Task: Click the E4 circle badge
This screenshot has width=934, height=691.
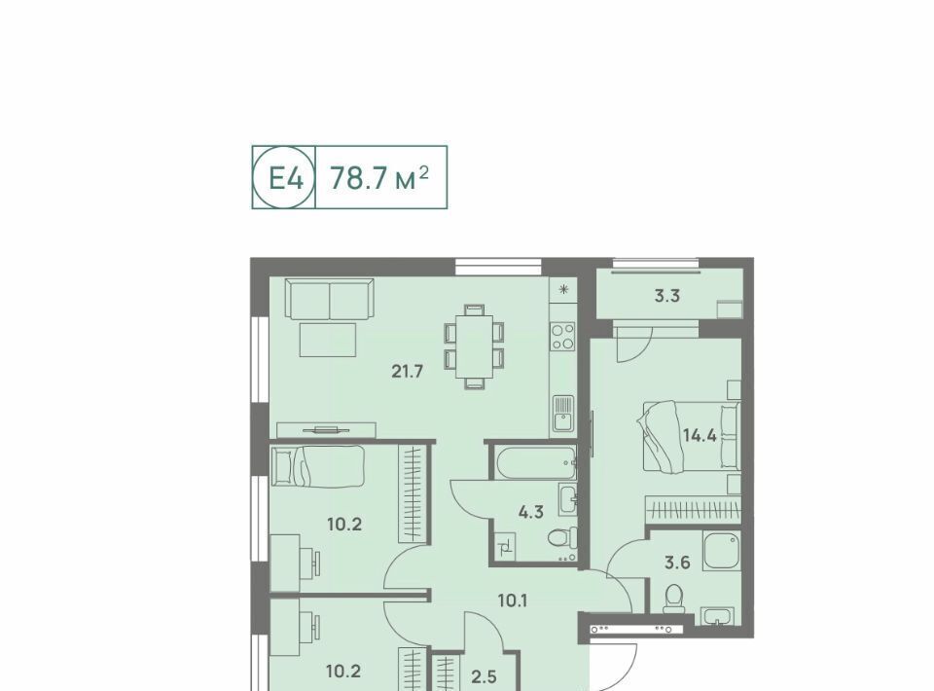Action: pos(283,177)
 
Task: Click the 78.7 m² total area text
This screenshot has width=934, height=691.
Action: pos(379,177)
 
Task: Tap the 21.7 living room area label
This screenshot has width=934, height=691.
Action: pos(408,372)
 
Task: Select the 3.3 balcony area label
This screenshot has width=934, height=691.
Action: pos(667,296)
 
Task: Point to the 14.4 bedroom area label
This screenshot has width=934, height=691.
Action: pos(700,435)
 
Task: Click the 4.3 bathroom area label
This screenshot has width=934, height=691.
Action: pos(530,511)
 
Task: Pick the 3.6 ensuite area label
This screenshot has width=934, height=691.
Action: pos(677,562)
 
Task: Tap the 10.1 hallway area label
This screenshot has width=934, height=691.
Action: pos(513,600)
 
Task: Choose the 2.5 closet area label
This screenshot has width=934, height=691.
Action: pos(484,676)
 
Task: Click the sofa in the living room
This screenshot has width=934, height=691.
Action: pos(330,299)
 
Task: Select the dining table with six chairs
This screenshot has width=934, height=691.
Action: pos(474,346)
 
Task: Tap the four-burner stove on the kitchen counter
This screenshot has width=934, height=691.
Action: pos(563,337)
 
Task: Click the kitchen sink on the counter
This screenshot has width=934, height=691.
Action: pos(563,414)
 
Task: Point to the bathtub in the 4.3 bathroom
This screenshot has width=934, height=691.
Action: pos(534,463)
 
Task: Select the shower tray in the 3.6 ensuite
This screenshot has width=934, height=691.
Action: pos(721,552)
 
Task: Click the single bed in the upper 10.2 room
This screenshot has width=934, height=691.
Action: pos(317,466)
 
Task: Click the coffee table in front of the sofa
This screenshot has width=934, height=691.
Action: pos(328,340)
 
